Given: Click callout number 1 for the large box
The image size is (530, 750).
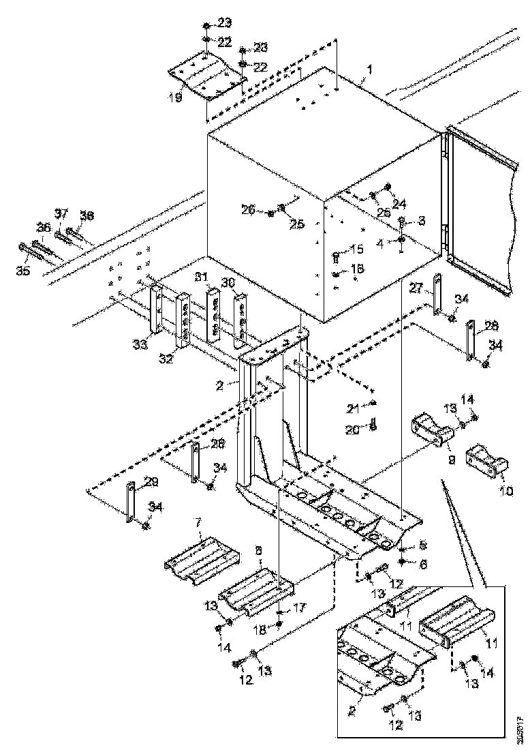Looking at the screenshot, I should coord(370,70).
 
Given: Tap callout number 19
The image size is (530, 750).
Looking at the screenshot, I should coord(176,97).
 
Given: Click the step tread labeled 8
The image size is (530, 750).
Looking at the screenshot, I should coord(258,586).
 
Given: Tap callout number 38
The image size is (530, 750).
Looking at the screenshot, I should coord(87,215).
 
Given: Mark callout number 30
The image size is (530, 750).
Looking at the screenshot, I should coord(228,282).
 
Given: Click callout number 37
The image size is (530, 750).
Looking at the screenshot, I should coord(62,214).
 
